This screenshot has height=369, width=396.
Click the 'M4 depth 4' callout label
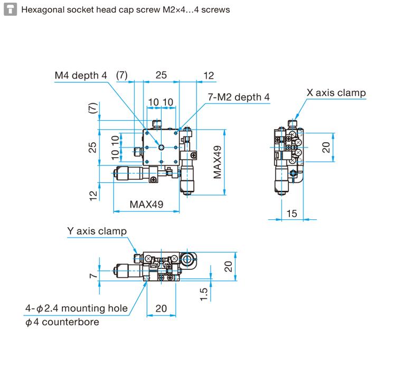point(80,75)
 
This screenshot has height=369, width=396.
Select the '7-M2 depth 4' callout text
point(238,97)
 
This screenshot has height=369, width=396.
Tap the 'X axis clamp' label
point(336,93)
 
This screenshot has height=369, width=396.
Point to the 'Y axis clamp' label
point(97,231)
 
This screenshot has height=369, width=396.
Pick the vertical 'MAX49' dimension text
point(218,162)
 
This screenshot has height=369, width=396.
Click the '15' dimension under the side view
point(292,213)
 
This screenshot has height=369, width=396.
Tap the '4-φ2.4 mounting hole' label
point(77,308)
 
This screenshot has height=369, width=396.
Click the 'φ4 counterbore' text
point(62,322)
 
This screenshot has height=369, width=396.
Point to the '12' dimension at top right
point(209,75)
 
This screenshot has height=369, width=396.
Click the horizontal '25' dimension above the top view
point(161,75)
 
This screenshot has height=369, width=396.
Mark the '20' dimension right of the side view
point(326,147)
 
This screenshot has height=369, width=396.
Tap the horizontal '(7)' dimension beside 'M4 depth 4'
point(122,75)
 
